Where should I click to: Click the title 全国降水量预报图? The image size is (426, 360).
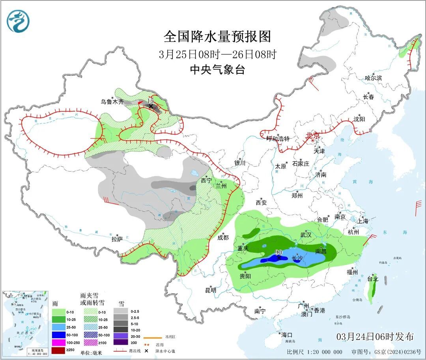point(217,37)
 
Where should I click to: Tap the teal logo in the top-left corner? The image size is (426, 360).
point(18,21)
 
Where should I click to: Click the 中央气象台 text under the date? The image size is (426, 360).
point(217,70)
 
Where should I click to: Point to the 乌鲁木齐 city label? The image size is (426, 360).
point(112,102)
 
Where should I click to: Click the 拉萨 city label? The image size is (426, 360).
point(117,239)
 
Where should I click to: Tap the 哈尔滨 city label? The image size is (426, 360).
point(373,78)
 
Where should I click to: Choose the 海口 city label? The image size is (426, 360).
point(287,335)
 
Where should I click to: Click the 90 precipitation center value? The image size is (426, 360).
point(278,252)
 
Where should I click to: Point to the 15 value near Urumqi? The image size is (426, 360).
point(150,101)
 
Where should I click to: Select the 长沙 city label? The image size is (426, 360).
point(297,259)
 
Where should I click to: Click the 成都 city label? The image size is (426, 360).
point(223,237)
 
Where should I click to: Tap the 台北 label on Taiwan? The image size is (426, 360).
point(373,279)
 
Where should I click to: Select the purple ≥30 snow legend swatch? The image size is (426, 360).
point(121,342)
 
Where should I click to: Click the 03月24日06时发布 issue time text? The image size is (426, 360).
point(375,337)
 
